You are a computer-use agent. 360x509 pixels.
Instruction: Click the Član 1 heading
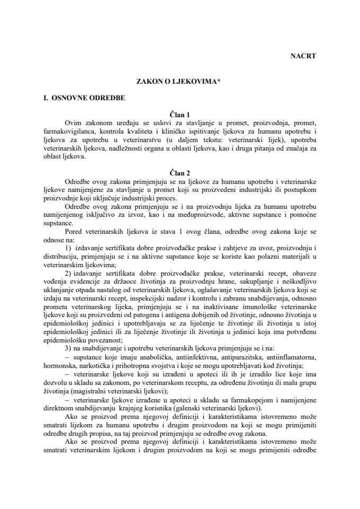point(180,113)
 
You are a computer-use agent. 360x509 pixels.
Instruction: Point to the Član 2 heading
point(180,173)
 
